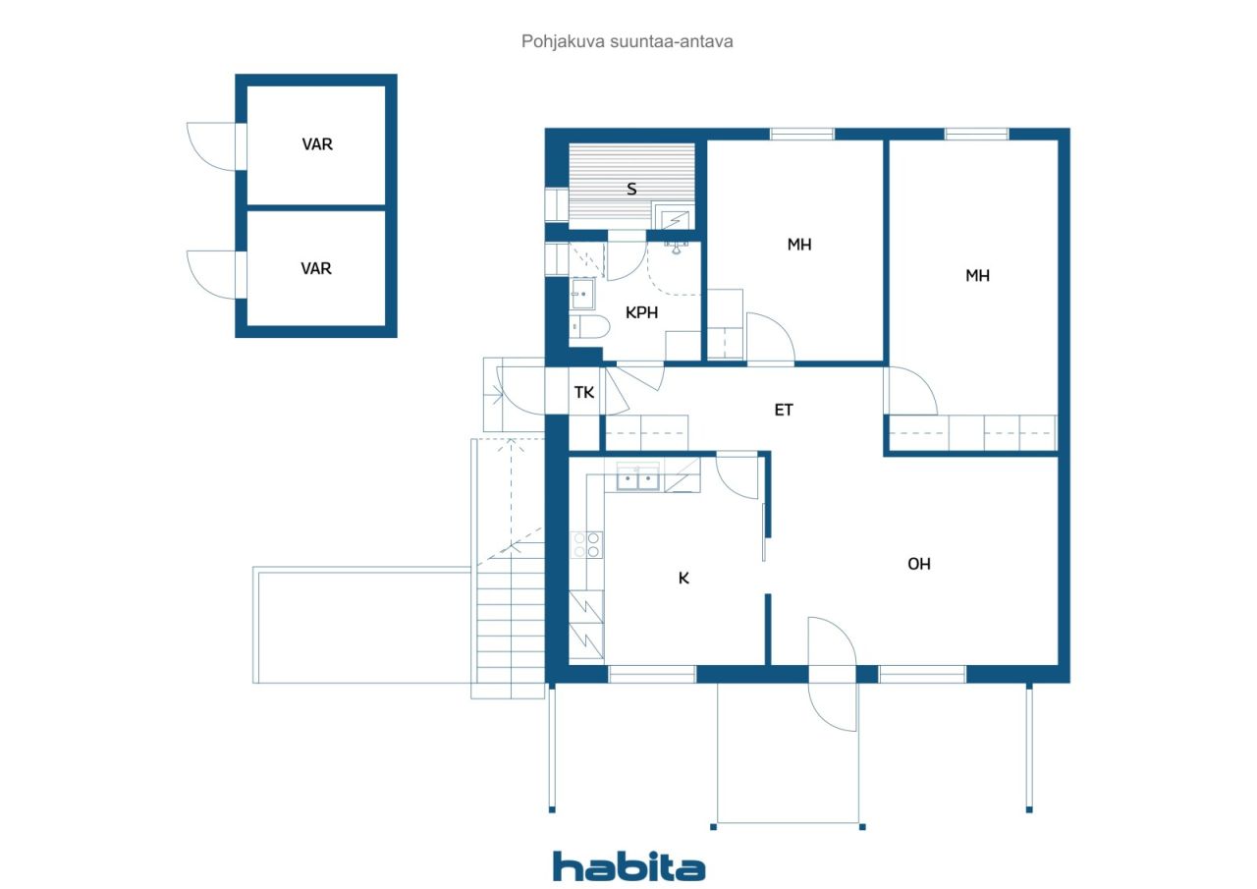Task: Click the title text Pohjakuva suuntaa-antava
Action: pos(627,41)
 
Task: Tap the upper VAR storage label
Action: pos(317,144)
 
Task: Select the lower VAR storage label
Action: pos(316,268)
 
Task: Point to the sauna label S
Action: pos(631,190)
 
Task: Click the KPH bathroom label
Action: pos(641,312)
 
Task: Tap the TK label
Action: pos(583,392)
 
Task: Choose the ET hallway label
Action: pos(784,410)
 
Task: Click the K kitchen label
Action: pos(683,578)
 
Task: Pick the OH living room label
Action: pos(918,564)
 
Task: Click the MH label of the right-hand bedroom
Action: pos(977,276)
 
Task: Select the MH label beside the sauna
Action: pos(799,245)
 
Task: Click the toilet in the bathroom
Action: pos(589,327)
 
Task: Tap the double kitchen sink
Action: pos(638,476)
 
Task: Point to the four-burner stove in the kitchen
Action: pos(586,544)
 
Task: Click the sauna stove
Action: pos(674,219)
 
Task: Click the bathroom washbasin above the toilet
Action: pos(582,294)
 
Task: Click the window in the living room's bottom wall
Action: pos(922,674)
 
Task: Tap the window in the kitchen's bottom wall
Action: pos(652,674)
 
